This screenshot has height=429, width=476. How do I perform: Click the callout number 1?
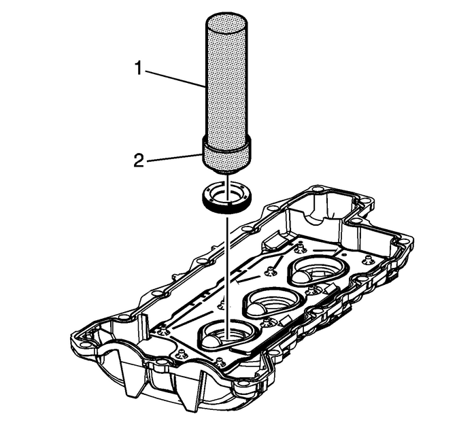tap(139, 69)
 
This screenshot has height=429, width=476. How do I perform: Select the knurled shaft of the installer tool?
tap(228, 88)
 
